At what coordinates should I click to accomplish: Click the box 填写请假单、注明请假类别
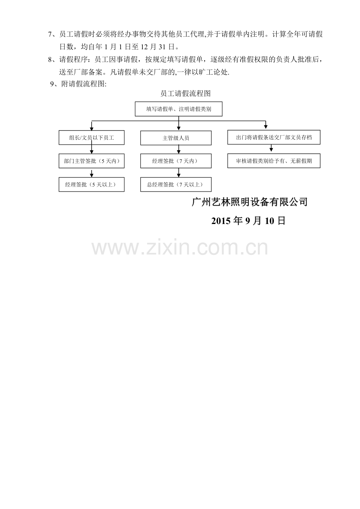point(178,109)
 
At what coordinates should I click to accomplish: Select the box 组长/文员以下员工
point(92,138)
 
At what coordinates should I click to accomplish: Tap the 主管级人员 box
point(176,138)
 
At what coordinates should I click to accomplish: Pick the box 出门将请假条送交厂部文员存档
point(274,137)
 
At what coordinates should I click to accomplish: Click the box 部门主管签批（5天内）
point(92,161)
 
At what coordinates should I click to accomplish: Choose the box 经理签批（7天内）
point(176,161)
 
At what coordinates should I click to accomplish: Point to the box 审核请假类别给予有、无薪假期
point(274,161)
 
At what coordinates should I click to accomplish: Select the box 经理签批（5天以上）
point(92,185)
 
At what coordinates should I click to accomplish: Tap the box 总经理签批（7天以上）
point(176,185)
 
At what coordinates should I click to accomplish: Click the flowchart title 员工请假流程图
point(185,93)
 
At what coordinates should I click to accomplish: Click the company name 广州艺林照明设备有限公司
point(250,202)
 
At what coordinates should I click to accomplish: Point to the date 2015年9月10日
point(248,220)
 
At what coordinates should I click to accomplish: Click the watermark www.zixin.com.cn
point(180,247)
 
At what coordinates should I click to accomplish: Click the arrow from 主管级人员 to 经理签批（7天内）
point(178,149)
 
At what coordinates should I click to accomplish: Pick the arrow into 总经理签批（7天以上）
point(178,173)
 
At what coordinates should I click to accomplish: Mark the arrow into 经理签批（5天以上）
point(92,174)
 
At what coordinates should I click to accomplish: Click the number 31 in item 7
point(162,47)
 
